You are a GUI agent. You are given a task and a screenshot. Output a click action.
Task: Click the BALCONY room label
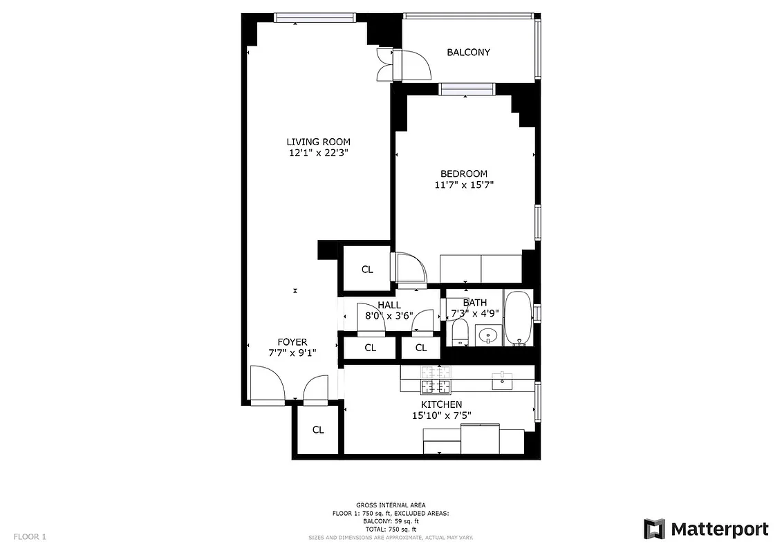468,53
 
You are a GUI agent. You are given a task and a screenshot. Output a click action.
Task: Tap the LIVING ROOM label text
318,142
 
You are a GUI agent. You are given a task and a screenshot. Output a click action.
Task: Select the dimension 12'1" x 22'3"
318,153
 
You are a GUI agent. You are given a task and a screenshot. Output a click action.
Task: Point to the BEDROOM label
463,174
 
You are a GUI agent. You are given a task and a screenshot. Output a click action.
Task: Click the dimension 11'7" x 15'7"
463,185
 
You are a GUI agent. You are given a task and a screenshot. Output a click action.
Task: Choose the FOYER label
292,342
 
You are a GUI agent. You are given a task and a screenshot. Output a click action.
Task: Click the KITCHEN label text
441,404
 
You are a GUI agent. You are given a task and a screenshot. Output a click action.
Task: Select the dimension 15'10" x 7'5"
441,415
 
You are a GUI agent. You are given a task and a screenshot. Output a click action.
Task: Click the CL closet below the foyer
317,430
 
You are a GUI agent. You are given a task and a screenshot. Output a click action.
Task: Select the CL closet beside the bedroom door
367,270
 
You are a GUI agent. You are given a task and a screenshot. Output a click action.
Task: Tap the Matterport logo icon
654,529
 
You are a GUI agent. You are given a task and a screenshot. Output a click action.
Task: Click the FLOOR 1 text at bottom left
30,536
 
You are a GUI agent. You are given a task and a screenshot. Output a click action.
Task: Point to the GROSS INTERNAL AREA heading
391,505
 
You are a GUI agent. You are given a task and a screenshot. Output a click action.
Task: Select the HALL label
389,305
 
